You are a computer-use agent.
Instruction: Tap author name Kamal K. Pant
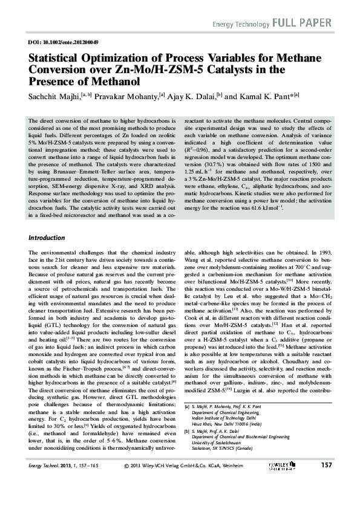(x=262, y=96)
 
